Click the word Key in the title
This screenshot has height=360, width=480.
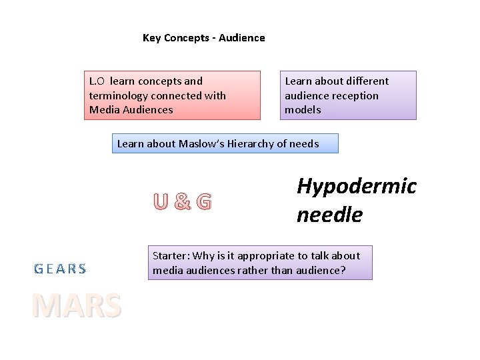pos(151,38)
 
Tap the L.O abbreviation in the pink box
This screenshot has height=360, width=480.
pos(97,81)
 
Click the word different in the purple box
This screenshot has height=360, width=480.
pos(365,81)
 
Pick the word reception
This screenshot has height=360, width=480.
pos(355,95)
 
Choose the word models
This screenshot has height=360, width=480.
pos(303,109)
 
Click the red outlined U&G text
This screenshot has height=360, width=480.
pos(182,201)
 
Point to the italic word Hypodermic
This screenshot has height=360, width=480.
pos(356,186)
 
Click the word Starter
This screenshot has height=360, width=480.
pos(171,255)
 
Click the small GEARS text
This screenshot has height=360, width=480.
pos(60,269)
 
